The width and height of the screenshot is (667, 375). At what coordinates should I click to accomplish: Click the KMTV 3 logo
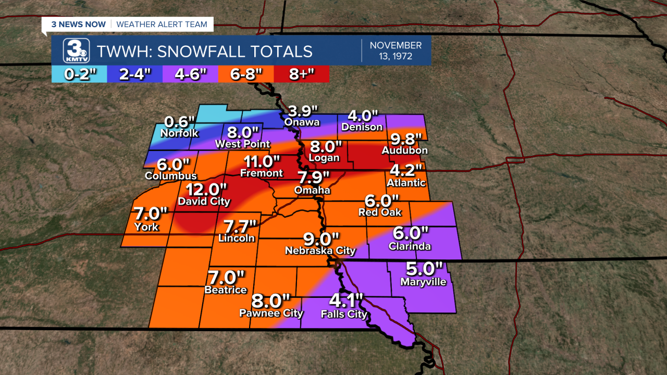76,51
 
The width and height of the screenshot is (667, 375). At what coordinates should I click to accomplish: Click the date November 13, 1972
396,51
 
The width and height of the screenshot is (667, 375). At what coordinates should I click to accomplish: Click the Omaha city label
312,190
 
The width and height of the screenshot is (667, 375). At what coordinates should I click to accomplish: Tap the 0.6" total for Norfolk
180,122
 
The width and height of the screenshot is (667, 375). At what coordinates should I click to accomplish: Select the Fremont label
261,173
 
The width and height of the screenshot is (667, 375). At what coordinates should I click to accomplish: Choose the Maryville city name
423,282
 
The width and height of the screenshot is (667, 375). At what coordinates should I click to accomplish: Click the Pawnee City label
271,313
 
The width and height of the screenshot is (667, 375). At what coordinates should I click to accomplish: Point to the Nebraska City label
320,251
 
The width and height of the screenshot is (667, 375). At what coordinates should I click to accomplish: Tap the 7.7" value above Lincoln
240,227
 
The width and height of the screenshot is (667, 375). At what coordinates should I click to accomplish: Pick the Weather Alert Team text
162,24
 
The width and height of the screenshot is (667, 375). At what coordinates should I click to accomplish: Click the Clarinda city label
410,246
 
